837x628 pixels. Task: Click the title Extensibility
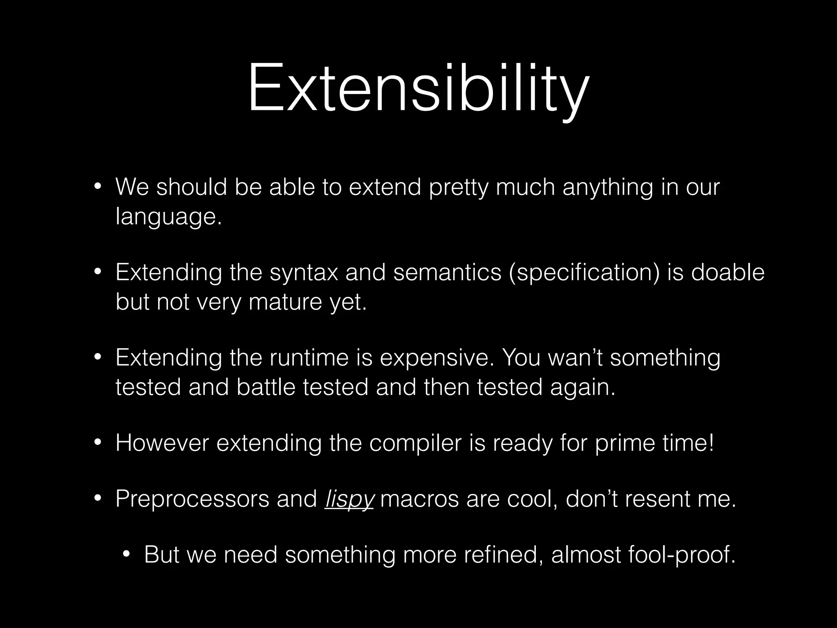(418, 88)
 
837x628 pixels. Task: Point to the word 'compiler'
(415, 444)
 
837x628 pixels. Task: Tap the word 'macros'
(419, 499)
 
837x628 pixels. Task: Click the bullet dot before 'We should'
(97, 187)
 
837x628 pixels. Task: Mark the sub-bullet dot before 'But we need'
(126, 555)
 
